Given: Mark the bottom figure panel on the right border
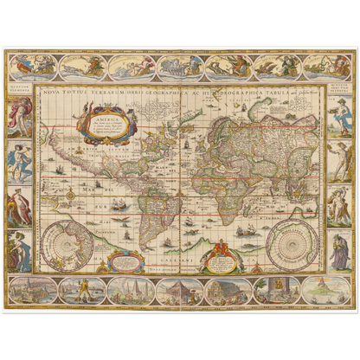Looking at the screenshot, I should tap(340, 251).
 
